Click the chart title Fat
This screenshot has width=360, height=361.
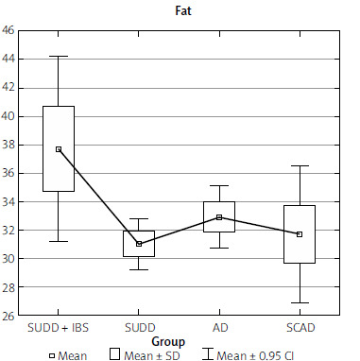click(x=183, y=10)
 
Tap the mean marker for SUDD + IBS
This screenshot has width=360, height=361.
click(x=59, y=149)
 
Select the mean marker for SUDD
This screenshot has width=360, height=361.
click(x=139, y=244)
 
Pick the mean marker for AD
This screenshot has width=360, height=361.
click(x=219, y=217)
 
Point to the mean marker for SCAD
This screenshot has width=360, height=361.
click(x=300, y=234)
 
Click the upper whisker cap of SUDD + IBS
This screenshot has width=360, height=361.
click(x=59, y=57)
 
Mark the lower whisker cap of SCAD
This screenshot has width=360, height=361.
click(x=300, y=302)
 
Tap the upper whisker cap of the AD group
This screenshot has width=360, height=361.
click(x=219, y=186)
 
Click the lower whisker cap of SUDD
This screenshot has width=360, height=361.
click(x=139, y=269)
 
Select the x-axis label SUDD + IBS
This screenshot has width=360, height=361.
click(x=59, y=328)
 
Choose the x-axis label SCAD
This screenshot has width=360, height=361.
click(x=300, y=328)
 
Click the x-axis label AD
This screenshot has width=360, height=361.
click(x=220, y=328)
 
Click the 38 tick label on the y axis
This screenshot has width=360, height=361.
click(x=9, y=145)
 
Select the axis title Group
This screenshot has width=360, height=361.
click(x=168, y=341)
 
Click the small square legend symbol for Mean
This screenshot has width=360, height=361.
click(x=52, y=356)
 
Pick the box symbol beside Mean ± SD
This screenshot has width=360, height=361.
click(x=114, y=353)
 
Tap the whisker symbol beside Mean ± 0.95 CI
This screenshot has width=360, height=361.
click(x=208, y=353)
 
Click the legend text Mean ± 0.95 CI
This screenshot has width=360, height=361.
click(x=255, y=356)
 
